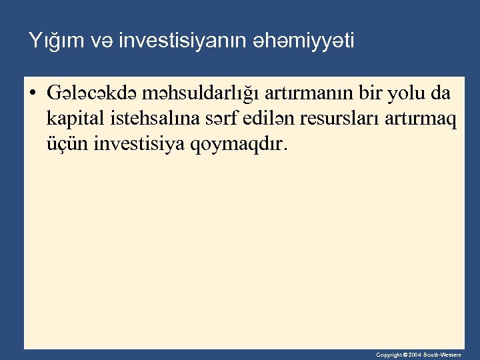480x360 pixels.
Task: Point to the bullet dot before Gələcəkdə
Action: pos(32,93)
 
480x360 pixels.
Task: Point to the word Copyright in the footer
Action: pos(388,355)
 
